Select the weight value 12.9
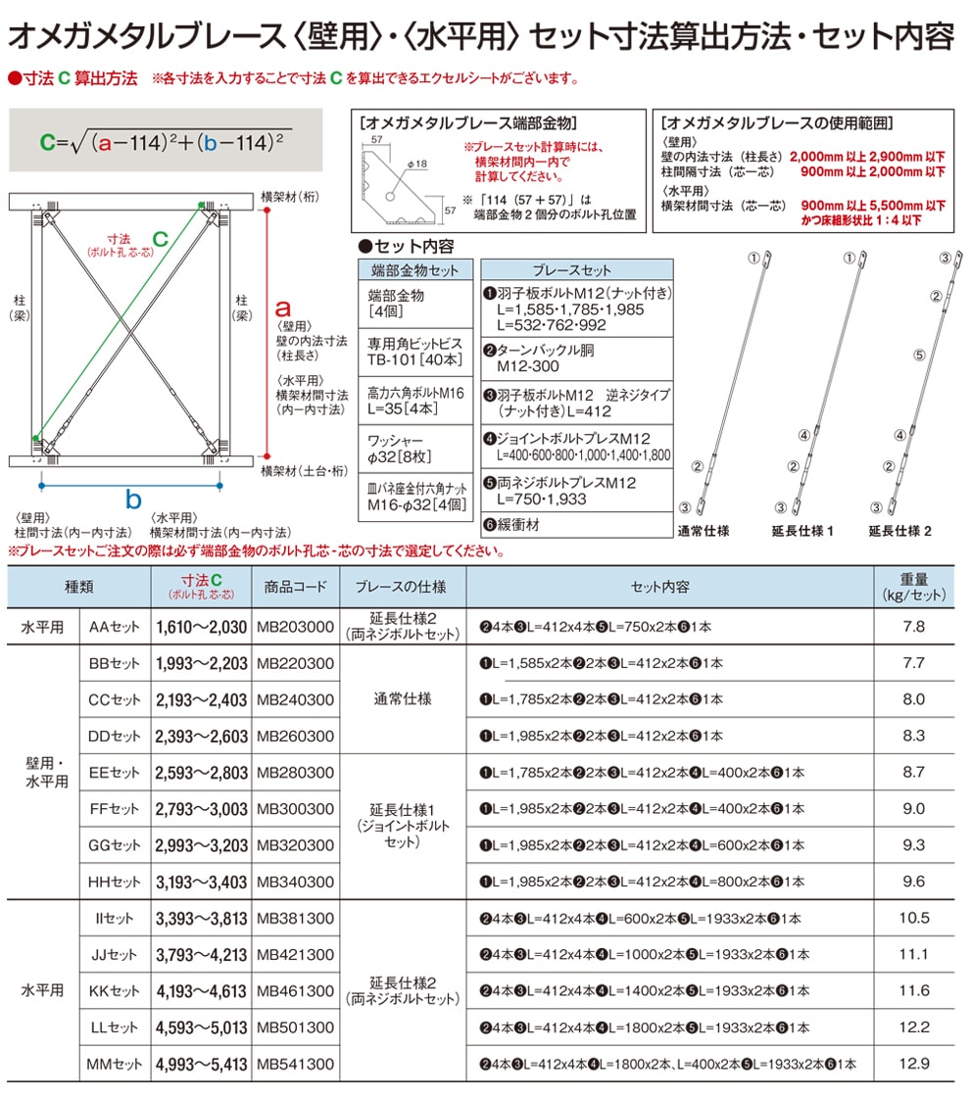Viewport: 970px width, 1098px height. [913, 1064]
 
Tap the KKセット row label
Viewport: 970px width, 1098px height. [115, 991]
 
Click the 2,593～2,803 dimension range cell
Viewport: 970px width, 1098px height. [201, 773]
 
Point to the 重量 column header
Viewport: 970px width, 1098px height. [913, 587]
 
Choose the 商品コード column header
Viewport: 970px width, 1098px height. [294, 587]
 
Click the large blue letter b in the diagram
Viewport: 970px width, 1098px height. [133, 500]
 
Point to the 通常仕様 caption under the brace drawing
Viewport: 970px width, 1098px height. [703, 531]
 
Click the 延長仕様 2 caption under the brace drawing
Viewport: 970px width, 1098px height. [898, 531]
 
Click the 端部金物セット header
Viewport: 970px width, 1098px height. [414, 269]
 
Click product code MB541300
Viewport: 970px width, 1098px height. [294, 1064]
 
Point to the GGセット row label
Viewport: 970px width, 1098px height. [115, 845]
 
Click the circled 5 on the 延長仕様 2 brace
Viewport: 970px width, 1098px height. [919, 357]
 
